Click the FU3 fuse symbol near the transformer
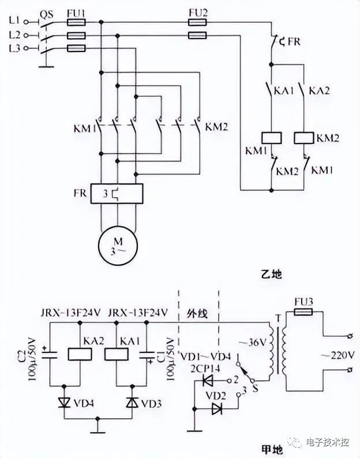click(x=303, y=312)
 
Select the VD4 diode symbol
click(x=64, y=403)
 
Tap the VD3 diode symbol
click(x=132, y=403)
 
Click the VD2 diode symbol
click(x=217, y=408)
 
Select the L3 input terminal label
click(x=14, y=48)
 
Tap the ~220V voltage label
click(x=338, y=355)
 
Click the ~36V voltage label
click(x=253, y=342)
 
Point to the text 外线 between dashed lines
click(x=197, y=313)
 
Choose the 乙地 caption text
click(x=272, y=275)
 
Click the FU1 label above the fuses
click(x=76, y=13)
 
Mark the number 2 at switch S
click(x=236, y=380)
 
